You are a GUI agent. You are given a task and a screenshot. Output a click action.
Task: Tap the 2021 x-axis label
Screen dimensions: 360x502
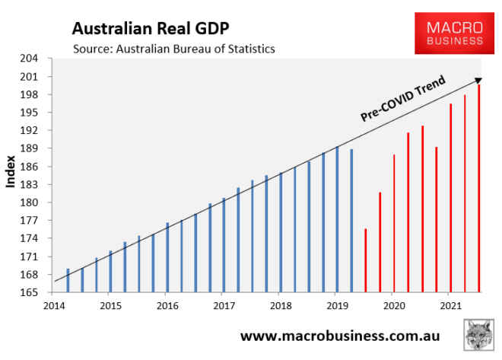click(450, 305)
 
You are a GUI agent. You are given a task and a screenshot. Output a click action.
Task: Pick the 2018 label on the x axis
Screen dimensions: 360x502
click(279, 305)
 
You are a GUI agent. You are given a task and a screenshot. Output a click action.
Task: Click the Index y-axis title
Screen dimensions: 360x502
click(11, 176)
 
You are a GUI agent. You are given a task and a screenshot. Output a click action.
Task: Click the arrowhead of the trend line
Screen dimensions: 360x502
click(477, 79)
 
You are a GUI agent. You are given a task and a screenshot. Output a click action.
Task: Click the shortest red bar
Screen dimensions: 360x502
click(366, 260)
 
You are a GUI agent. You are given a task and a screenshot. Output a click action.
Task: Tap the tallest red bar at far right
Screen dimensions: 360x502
click(479, 187)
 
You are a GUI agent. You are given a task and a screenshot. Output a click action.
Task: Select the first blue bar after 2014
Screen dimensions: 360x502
click(68, 279)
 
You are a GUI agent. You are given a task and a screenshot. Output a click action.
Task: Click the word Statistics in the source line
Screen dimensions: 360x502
click(246, 49)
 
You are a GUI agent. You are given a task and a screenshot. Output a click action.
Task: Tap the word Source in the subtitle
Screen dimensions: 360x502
click(91, 49)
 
